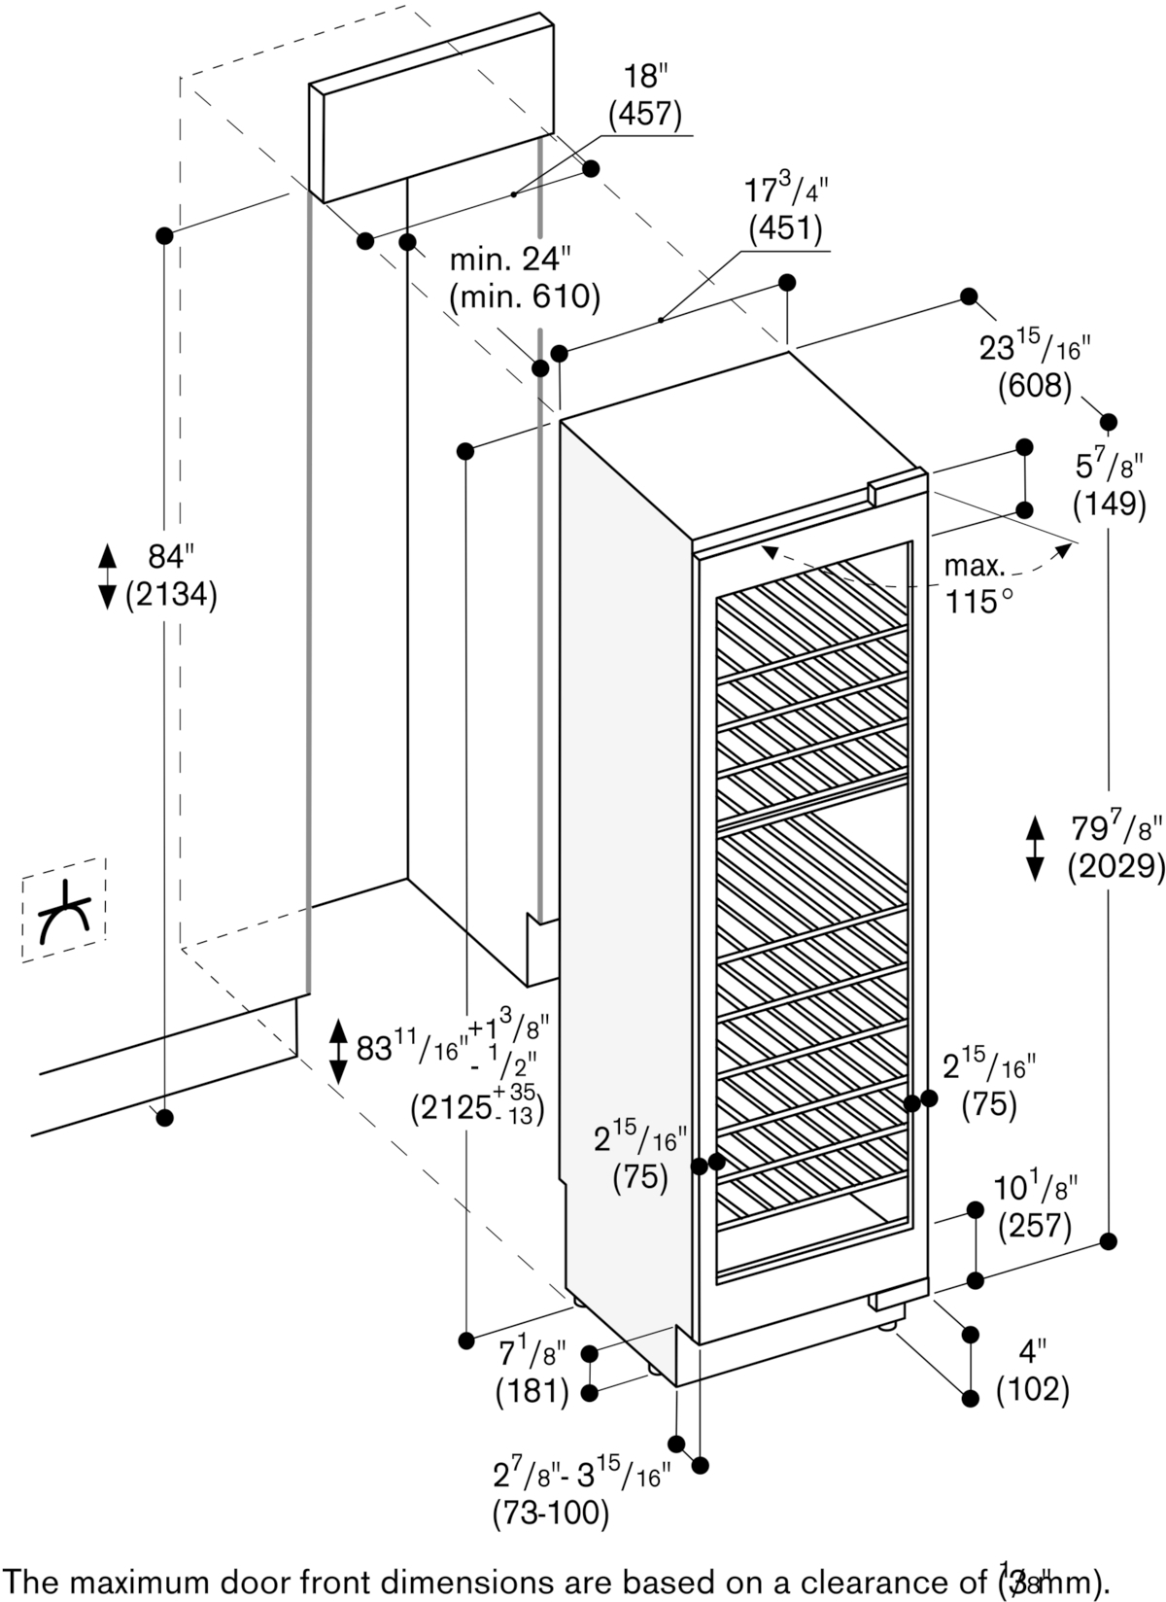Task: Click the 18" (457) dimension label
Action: pos(644,96)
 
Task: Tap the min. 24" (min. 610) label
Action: pos(524,278)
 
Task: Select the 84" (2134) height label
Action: pos(171,575)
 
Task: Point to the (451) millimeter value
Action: pos(785,228)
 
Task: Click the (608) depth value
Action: pos(1034,387)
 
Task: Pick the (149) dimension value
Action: pos(1110,503)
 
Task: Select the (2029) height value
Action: pos(1115,865)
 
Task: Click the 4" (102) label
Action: pos(1033,1372)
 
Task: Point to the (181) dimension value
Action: pos(532,1392)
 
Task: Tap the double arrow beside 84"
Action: pos(108,576)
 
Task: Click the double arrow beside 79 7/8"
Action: pos(1036,849)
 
